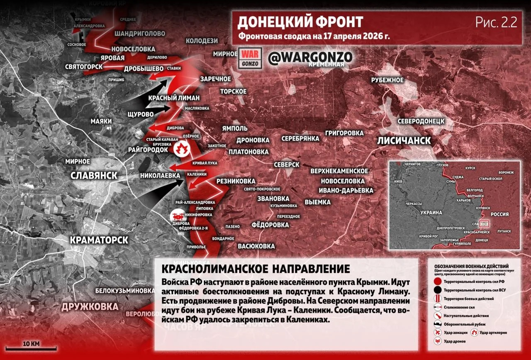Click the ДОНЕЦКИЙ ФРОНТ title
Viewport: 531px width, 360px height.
(x=300, y=22)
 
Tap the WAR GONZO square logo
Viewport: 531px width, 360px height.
(x=250, y=59)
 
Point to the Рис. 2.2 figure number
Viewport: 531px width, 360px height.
(x=496, y=22)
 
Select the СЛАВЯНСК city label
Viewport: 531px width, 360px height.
(x=94, y=175)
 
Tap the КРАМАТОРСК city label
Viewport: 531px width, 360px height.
(x=99, y=240)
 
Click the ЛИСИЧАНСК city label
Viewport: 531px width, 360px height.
(x=404, y=140)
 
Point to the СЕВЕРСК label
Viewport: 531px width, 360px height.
(x=286, y=165)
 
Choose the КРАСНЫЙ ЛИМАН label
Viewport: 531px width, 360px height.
(x=174, y=98)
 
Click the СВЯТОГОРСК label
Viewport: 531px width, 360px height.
(x=84, y=66)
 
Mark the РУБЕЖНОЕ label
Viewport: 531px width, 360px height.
(x=387, y=80)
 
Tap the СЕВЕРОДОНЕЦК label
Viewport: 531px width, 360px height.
(x=421, y=121)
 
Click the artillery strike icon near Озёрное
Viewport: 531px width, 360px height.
(x=181, y=149)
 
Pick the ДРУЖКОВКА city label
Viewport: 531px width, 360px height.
(x=89, y=306)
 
